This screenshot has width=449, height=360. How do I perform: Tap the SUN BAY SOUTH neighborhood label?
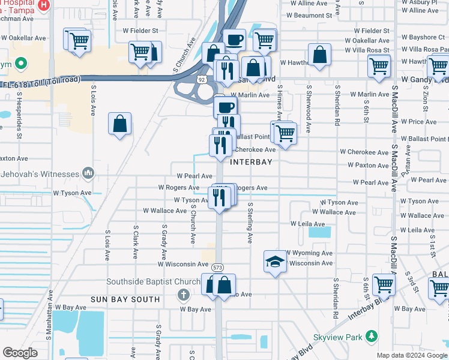coord(125,299)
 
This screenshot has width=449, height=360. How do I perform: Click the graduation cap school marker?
coord(274,262)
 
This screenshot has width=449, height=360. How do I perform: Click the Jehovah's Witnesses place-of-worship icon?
coord(89,173)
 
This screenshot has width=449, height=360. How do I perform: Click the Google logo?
coord(20,353)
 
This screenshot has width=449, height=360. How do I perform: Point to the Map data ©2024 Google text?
coord(411,355)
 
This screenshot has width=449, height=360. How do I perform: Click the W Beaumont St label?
coord(311,16)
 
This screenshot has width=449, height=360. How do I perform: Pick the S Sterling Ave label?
coord(250,223)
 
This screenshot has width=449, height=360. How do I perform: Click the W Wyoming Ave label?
coord(310,253)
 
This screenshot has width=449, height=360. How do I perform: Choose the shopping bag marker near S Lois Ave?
coord(120,124)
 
